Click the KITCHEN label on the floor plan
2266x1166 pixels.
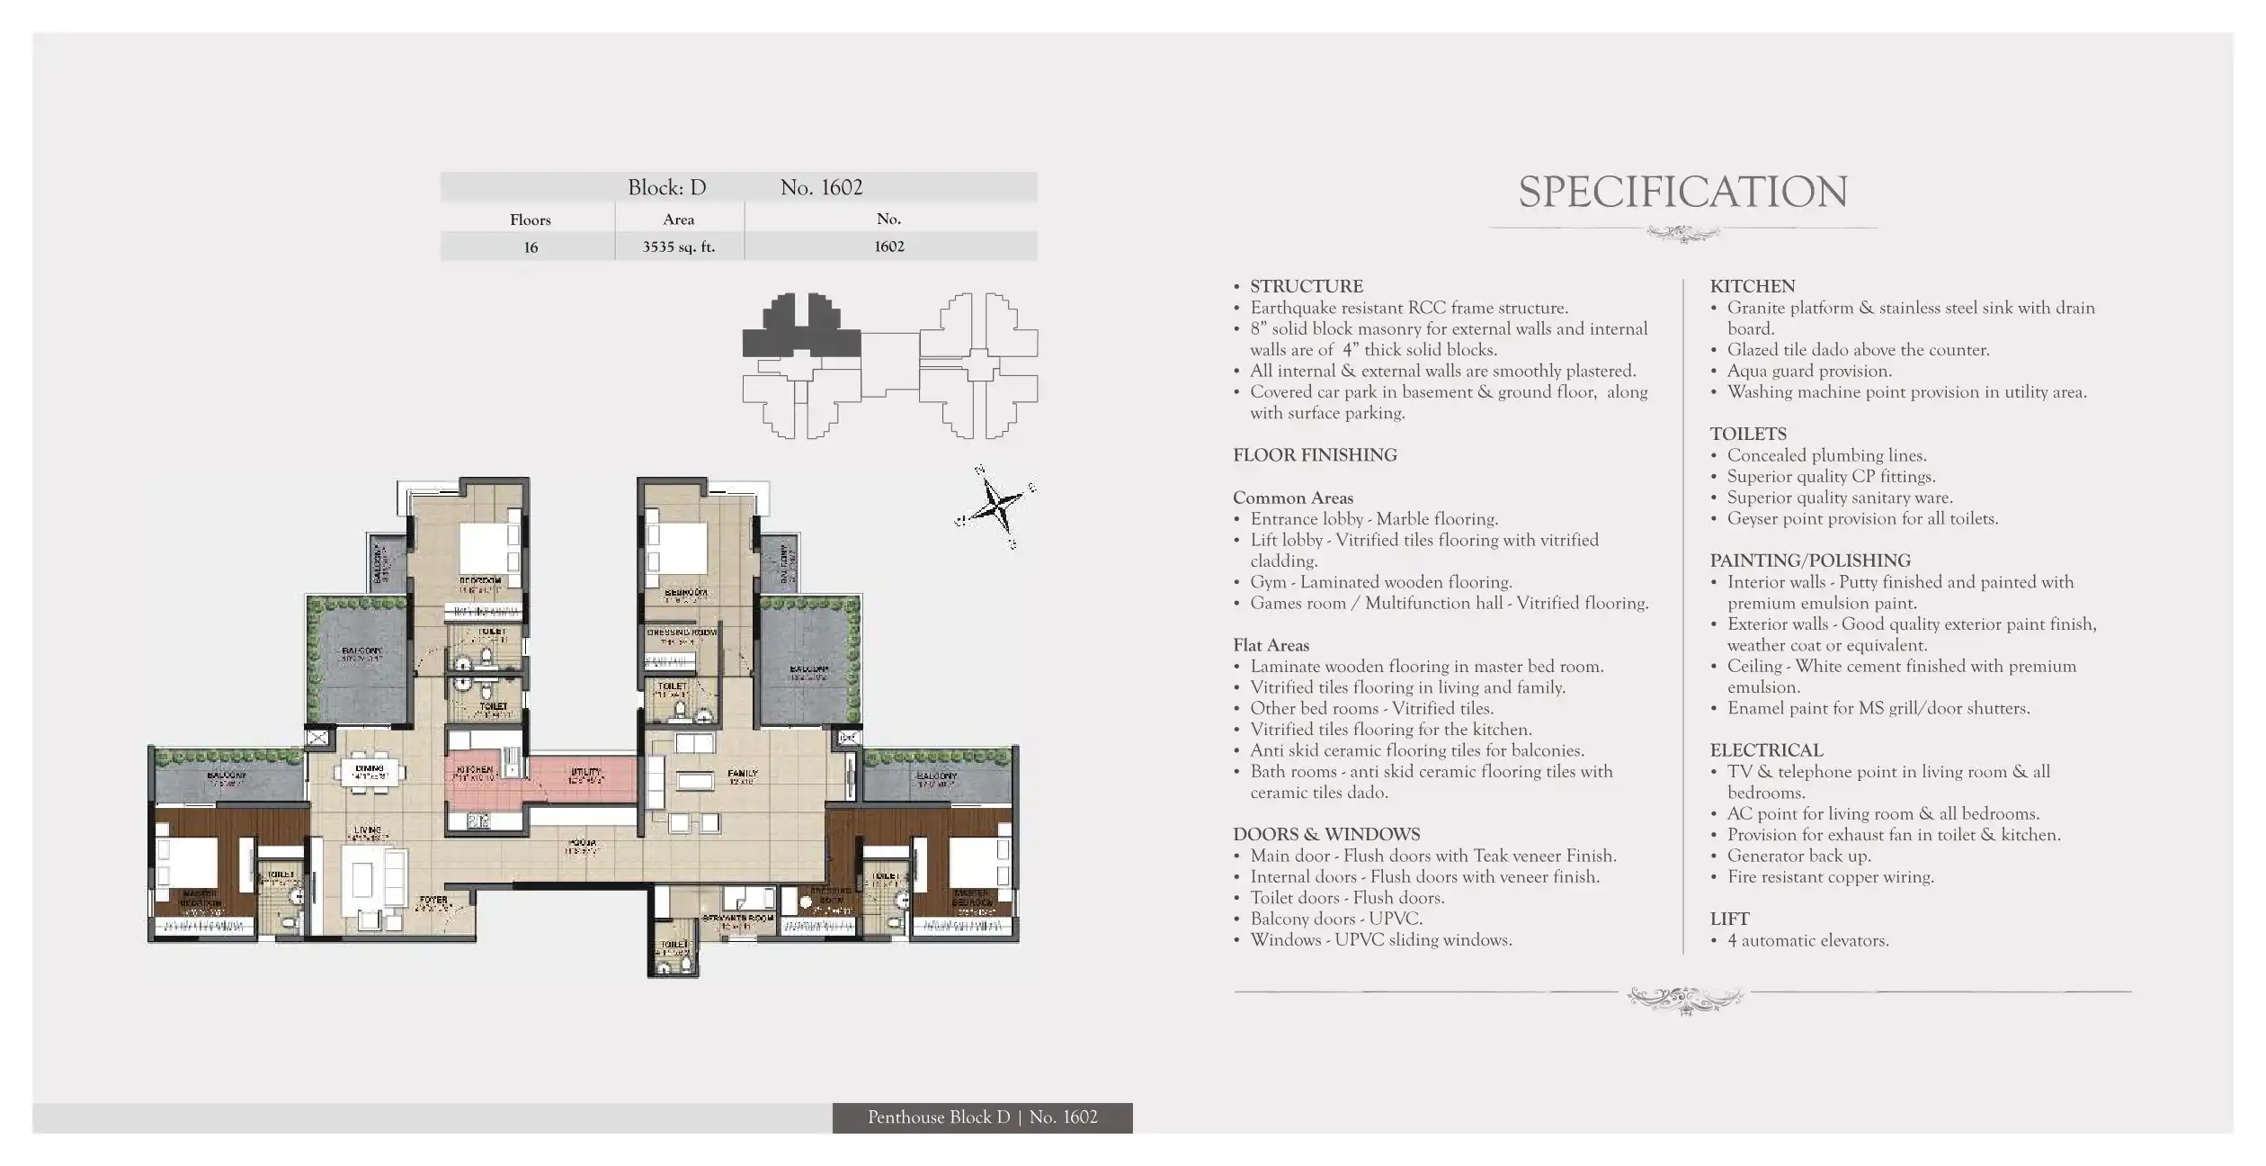[x=474, y=770]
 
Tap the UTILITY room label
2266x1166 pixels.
[x=585, y=773]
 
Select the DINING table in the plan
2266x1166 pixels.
[x=370, y=772]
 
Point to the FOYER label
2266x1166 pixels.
[x=433, y=900]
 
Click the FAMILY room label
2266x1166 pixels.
[x=743, y=774]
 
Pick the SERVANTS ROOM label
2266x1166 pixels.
[x=738, y=919]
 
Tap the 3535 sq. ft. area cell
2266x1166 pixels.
[x=679, y=247]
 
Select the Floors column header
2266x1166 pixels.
[x=530, y=220]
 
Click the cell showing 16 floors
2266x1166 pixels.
[x=531, y=247]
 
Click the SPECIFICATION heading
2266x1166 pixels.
[x=1682, y=193]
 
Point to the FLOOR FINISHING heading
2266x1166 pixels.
[x=1315, y=455]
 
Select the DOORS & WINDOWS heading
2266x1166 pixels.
[x=1326, y=834]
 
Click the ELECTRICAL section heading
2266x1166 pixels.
[x=1766, y=750]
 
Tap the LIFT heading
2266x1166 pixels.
[x=1729, y=919]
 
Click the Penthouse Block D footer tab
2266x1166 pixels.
[x=982, y=1117]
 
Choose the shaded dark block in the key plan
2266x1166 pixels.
[x=800, y=329]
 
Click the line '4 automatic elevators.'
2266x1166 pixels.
[x=1807, y=940]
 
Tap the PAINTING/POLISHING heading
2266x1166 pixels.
[x=1809, y=561]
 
